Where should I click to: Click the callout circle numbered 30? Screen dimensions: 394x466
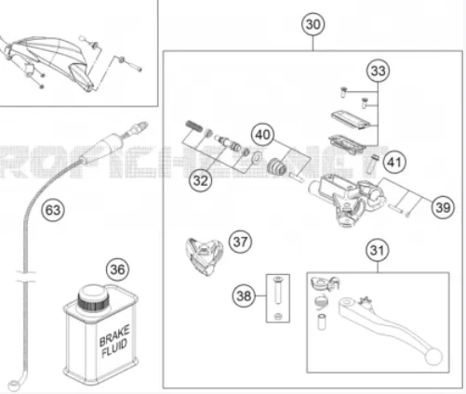[x=314, y=24]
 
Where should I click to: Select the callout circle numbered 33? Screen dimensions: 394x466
[x=377, y=72]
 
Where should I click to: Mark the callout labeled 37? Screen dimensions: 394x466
[x=241, y=243]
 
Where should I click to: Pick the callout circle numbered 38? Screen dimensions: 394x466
[x=244, y=296]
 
